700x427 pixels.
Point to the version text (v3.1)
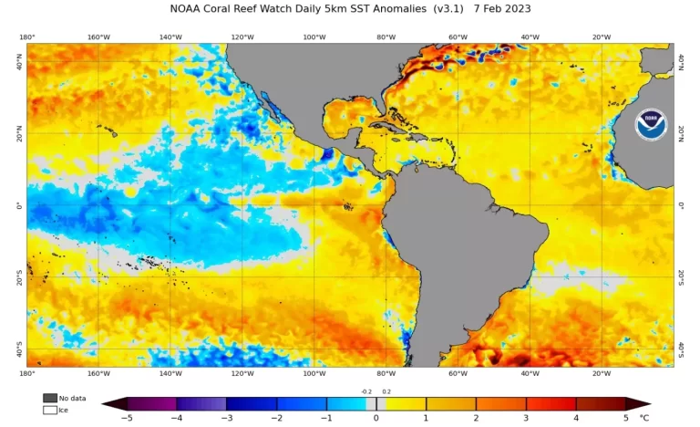click(448, 8)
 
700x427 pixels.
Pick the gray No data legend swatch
click(49, 398)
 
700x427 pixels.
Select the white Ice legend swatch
click(49, 410)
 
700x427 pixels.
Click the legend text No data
click(71, 398)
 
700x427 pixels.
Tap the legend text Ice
click(64, 410)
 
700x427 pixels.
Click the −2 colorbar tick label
click(275, 417)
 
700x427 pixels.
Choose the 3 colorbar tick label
click(526, 417)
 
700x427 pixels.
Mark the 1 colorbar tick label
click(426, 417)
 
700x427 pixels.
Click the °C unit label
click(644, 417)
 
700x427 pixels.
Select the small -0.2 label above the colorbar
click(366, 391)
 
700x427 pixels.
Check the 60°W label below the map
click(458, 373)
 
